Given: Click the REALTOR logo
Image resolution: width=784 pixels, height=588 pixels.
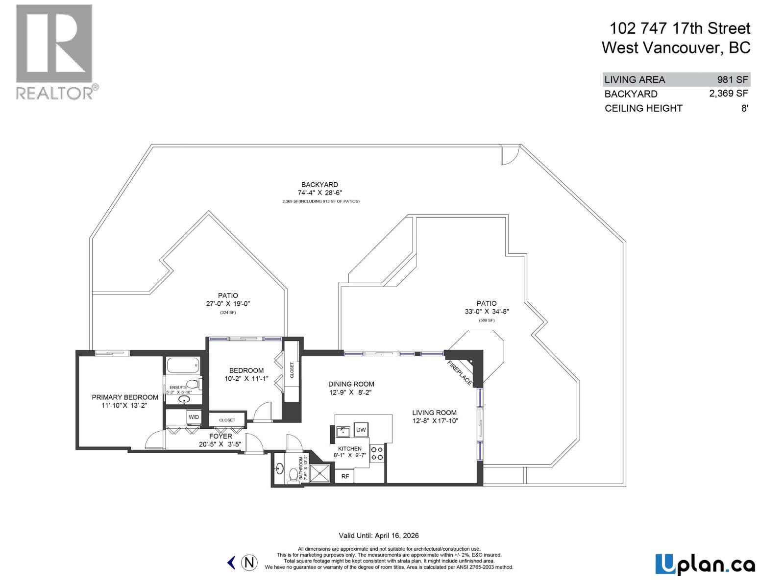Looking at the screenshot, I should tap(54, 51).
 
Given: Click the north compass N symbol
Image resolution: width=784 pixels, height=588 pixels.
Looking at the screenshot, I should tap(249, 562).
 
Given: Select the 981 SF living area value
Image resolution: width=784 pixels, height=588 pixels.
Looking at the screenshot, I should tap(733, 79).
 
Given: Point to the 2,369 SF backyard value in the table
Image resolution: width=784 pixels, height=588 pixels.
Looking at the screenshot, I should tap(728, 93).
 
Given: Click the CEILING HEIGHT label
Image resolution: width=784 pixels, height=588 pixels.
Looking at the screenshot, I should tap(643, 108).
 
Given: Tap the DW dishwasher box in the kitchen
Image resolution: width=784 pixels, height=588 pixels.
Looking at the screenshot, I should tap(361, 430).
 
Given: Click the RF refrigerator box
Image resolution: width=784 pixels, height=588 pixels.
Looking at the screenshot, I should tap(345, 476).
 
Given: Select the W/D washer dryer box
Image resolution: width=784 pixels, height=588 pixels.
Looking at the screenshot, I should tap(194, 417).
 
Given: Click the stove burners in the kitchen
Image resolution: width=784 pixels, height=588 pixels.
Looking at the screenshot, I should tap(377, 453).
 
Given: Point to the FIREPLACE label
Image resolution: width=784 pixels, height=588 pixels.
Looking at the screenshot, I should tap(460, 373).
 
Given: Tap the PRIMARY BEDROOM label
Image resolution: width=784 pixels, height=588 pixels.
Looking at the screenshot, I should tap(125, 397).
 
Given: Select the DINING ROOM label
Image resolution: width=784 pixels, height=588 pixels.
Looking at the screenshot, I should tap(351, 384).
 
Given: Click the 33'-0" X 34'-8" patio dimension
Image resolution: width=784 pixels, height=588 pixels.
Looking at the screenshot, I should tap(487, 311).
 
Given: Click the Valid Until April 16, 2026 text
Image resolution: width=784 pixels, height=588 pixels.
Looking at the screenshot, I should tap(378, 536).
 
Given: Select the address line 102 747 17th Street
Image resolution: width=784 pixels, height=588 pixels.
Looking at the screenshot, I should tap(680, 28).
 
